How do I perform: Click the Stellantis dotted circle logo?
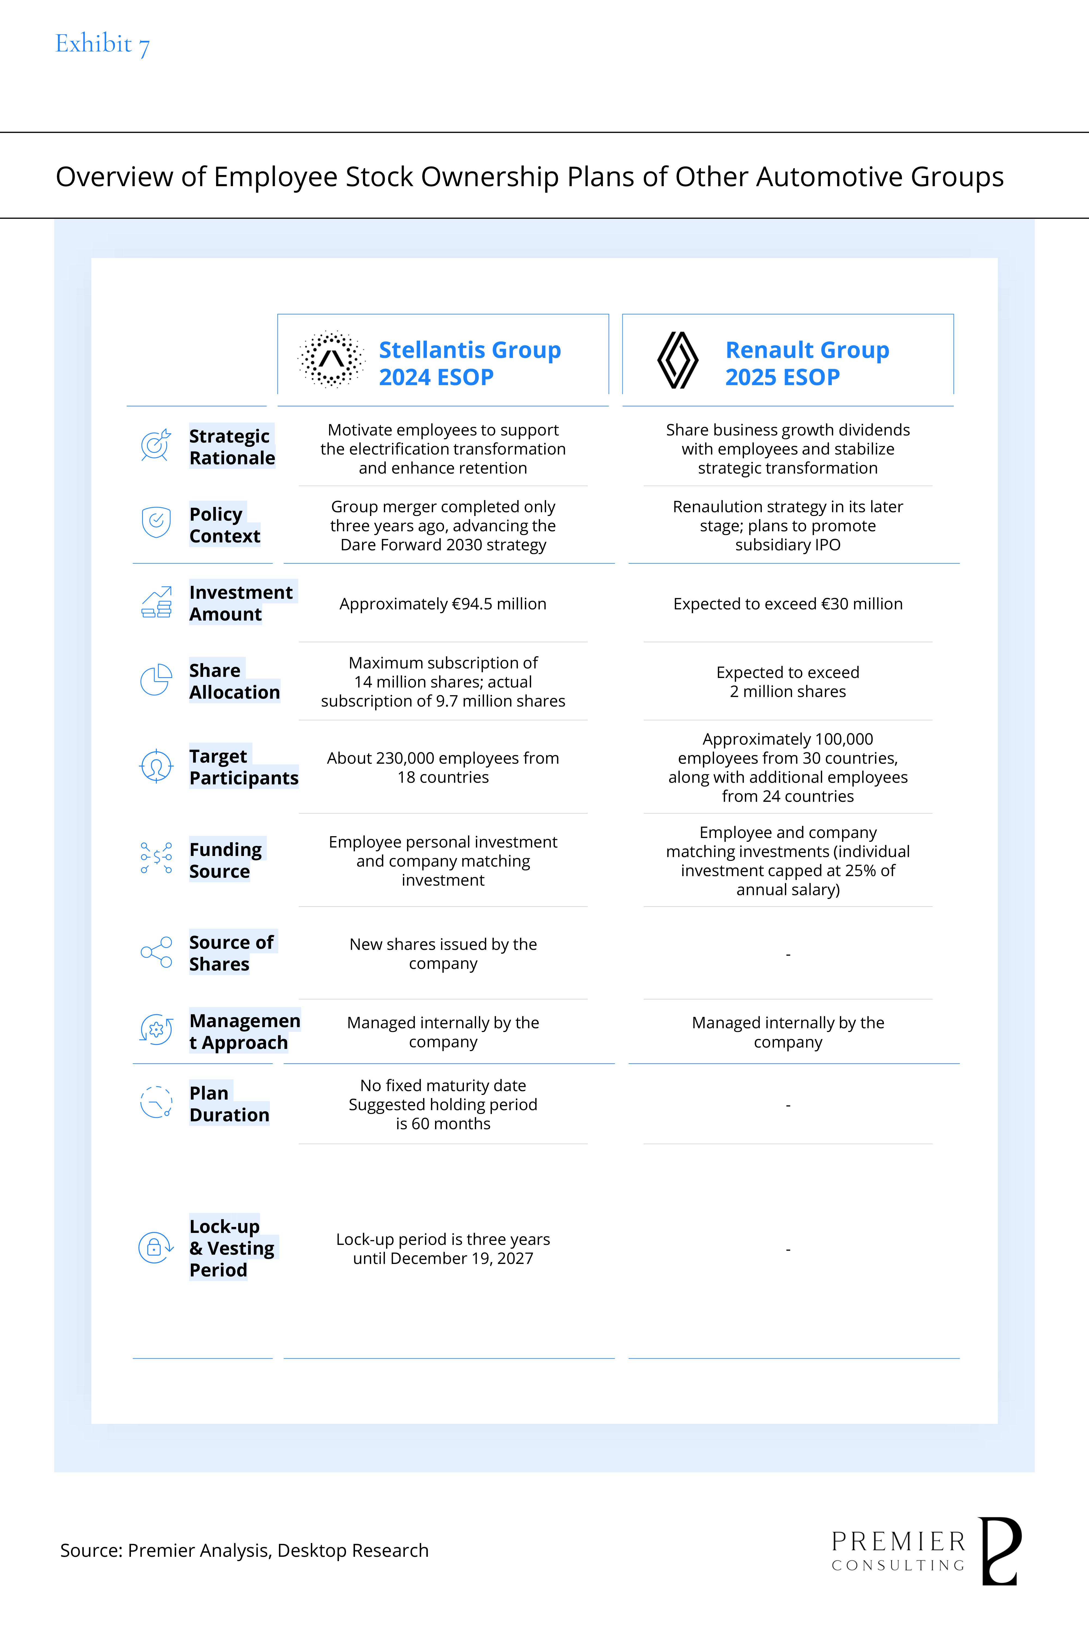(331, 359)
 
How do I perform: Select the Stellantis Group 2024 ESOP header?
(469, 363)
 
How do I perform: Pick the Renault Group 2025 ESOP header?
(807, 363)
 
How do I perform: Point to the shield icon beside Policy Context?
(156, 522)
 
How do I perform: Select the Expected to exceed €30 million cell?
(788, 604)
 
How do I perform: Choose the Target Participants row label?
(243, 767)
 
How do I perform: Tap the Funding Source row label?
(226, 860)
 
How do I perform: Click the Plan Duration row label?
(228, 1104)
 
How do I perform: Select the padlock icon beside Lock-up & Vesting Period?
(155, 1248)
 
